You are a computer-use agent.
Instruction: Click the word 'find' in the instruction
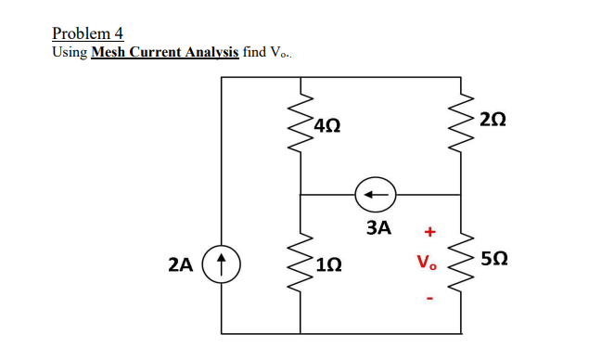click(x=253, y=52)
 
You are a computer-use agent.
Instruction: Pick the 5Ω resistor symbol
click(x=461, y=264)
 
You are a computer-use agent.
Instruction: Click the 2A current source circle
click(x=222, y=264)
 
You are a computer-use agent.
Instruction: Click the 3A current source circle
click(x=375, y=195)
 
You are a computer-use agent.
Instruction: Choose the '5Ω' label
click(x=494, y=264)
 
